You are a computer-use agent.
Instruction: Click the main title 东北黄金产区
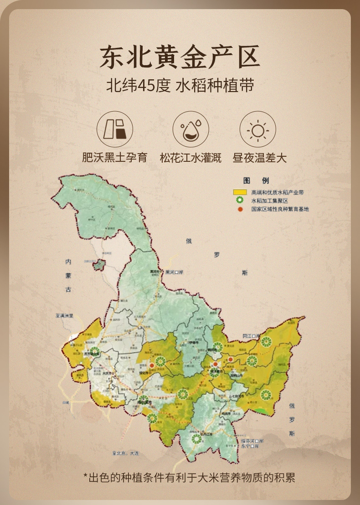click(x=180, y=57)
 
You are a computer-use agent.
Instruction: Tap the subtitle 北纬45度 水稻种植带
click(x=180, y=86)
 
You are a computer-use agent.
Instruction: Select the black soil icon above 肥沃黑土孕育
click(x=115, y=129)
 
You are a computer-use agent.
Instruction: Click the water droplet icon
click(x=190, y=129)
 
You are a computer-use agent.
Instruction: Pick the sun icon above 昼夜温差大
click(x=258, y=129)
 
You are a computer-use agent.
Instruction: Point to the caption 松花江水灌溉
click(x=190, y=158)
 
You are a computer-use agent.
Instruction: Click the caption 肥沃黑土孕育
click(x=115, y=158)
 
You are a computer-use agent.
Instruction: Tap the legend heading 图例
click(x=256, y=180)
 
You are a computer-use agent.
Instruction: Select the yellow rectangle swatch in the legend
click(x=240, y=192)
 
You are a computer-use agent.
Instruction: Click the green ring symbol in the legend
click(x=240, y=201)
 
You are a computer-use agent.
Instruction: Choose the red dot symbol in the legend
click(x=240, y=209)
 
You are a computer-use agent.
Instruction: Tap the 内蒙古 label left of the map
click(x=68, y=276)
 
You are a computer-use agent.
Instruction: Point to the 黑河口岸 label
click(x=174, y=273)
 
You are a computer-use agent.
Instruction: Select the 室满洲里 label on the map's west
click(x=64, y=315)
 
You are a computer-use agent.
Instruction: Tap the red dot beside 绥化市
click(x=152, y=365)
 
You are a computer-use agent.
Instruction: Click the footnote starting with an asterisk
click(x=189, y=477)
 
